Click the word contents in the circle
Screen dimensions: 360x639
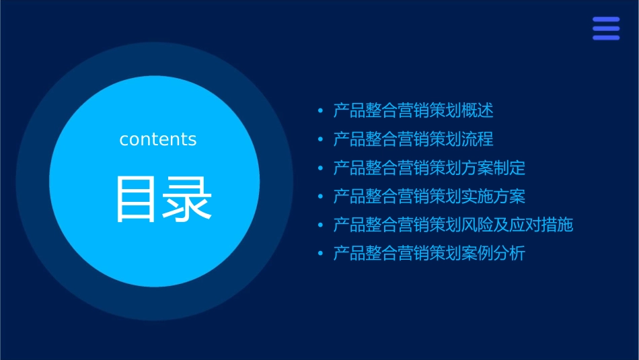(x=158, y=139)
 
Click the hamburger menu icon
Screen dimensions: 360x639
(x=605, y=28)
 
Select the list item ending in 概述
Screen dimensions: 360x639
(x=413, y=110)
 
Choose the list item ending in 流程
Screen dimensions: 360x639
(x=413, y=139)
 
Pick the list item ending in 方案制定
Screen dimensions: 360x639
(x=429, y=168)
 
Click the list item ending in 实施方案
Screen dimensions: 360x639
(x=429, y=196)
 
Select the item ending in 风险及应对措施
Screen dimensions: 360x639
(x=453, y=225)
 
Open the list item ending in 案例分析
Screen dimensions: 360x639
(x=429, y=254)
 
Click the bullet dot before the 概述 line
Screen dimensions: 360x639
(x=320, y=111)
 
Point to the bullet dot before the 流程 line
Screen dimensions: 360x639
(x=320, y=140)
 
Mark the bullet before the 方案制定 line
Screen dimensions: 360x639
(x=320, y=168)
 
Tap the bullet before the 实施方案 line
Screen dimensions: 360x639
(x=320, y=197)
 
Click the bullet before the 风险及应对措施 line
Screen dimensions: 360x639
(x=320, y=225)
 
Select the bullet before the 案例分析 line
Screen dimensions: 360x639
(x=320, y=254)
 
